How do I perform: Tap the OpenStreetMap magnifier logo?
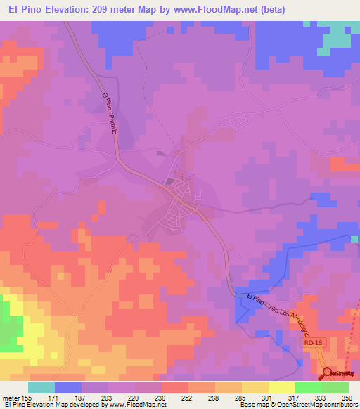328,374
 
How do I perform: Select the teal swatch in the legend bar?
41,387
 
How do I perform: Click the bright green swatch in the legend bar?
308,387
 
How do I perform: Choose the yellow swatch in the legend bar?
281,387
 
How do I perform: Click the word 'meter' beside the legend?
11,398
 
